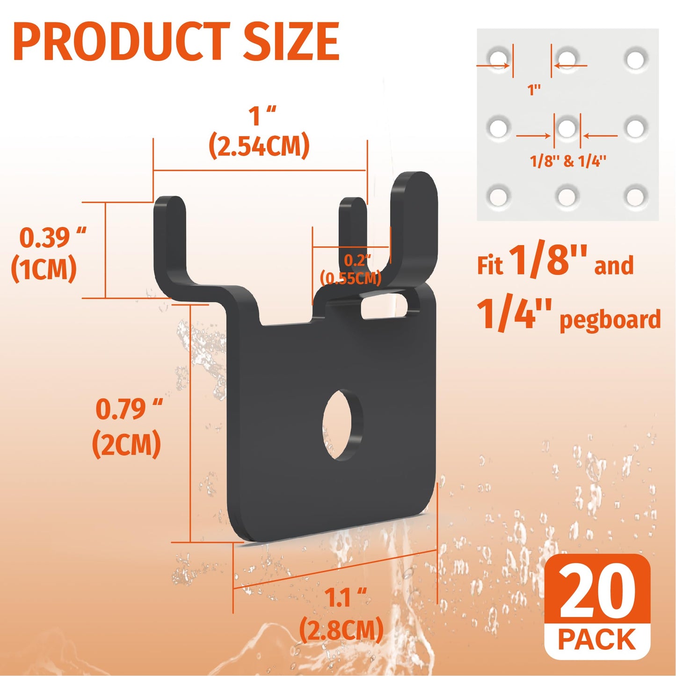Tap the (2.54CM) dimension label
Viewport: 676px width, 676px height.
pos(259,146)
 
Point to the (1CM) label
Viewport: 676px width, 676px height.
pos(44,269)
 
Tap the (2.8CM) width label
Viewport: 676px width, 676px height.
pos(341,629)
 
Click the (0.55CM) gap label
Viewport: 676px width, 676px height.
pos(351,278)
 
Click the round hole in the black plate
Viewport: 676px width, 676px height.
pos(342,424)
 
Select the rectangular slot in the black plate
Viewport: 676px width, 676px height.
pos(385,306)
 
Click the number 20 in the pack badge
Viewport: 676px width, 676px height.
pos(597,591)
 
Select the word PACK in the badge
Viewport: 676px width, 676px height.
pos(597,640)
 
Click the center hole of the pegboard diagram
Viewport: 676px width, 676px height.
pos(567,128)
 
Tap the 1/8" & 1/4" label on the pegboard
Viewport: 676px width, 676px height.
pos(568,161)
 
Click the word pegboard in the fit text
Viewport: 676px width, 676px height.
pos(610,320)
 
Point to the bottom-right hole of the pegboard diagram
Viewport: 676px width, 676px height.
pos(636,196)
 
